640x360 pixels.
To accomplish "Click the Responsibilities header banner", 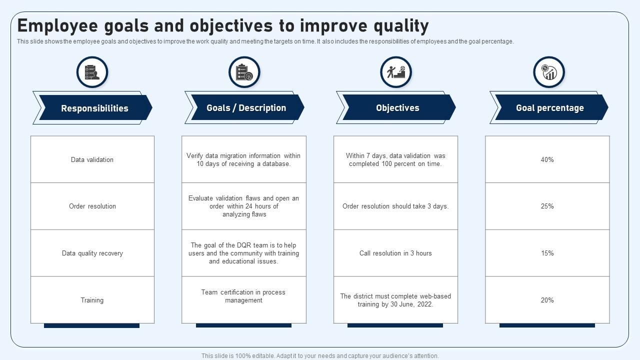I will click(x=94, y=108).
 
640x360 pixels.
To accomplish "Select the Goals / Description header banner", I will click(x=246, y=108).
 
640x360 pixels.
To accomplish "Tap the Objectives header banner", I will click(x=397, y=108).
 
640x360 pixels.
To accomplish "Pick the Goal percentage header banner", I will click(x=549, y=108).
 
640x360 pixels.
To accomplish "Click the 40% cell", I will click(x=547, y=159).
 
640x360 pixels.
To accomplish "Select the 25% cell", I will click(x=547, y=206).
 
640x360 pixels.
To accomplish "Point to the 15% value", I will click(x=547, y=253).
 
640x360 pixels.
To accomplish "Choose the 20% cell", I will click(x=547, y=300).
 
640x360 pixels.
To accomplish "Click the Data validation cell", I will click(x=92, y=159).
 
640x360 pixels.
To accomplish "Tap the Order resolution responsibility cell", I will click(x=92, y=206).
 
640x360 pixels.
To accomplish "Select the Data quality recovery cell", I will click(x=92, y=253).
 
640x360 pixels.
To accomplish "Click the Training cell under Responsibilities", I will click(x=92, y=300).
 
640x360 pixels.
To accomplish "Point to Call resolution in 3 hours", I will click(x=395, y=253).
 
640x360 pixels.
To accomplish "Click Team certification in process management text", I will click(x=243, y=296).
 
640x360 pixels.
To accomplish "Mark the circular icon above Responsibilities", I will click(x=92, y=72).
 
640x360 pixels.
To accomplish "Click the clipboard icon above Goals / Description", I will click(x=244, y=72).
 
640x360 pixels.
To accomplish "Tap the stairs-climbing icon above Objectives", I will click(x=395, y=72).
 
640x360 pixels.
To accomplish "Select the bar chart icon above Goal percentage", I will click(x=548, y=72).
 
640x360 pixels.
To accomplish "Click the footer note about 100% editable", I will click(x=320, y=356).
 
